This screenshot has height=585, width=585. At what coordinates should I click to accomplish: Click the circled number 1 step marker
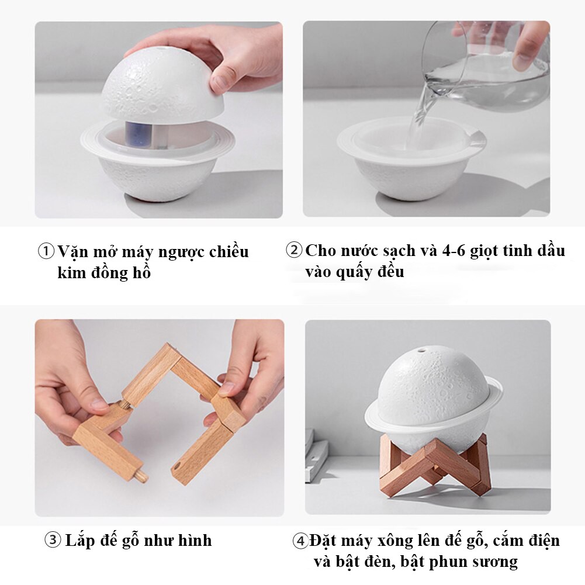(x=46, y=251)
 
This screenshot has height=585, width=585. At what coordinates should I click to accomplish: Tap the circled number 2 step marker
(x=294, y=250)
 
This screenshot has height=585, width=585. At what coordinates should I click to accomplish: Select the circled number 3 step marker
(x=53, y=540)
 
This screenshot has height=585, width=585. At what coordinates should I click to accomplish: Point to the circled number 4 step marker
(x=300, y=541)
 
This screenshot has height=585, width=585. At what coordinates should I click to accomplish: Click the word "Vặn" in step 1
(x=72, y=251)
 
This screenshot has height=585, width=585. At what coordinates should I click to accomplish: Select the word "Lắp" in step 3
(x=80, y=541)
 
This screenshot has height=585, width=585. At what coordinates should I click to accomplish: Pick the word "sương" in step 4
(x=495, y=562)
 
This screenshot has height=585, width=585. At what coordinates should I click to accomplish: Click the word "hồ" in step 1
(x=142, y=272)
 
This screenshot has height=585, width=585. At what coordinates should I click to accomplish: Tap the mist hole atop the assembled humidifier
(x=422, y=350)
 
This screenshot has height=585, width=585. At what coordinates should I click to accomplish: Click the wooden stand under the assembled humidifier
(x=434, y=465)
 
